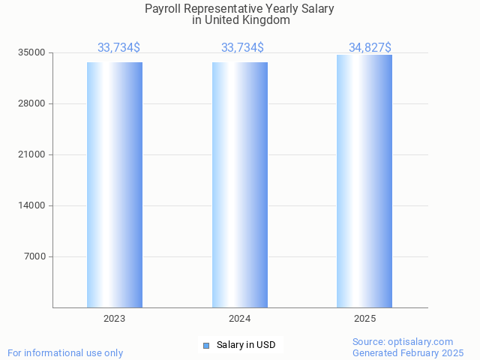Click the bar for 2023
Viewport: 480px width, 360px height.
click(115, 184)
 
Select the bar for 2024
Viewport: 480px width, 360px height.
click(240, 184)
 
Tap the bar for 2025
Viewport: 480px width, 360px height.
click(364, 181)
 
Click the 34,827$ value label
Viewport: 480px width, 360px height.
click(370, 48)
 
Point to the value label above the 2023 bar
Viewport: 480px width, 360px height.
click(118, 48)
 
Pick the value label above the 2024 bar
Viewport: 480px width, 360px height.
click(242, 48)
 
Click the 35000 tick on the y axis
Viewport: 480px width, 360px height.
click(33, 52)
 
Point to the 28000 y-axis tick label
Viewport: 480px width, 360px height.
click(33, 103)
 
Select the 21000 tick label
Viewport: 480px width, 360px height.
click(33, 154)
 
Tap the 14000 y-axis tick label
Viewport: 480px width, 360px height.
click(33, 205)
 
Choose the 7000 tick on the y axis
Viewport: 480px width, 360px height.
click(35, 256)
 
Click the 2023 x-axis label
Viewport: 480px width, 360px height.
click(115, 319)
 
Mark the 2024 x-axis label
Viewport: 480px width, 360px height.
click(240, 319)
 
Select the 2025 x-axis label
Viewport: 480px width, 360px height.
click(364, 319)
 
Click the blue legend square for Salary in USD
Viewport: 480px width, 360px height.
click(206, 345)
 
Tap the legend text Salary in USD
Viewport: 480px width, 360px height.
click(246, 345)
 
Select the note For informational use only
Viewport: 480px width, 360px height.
click(65, 352)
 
